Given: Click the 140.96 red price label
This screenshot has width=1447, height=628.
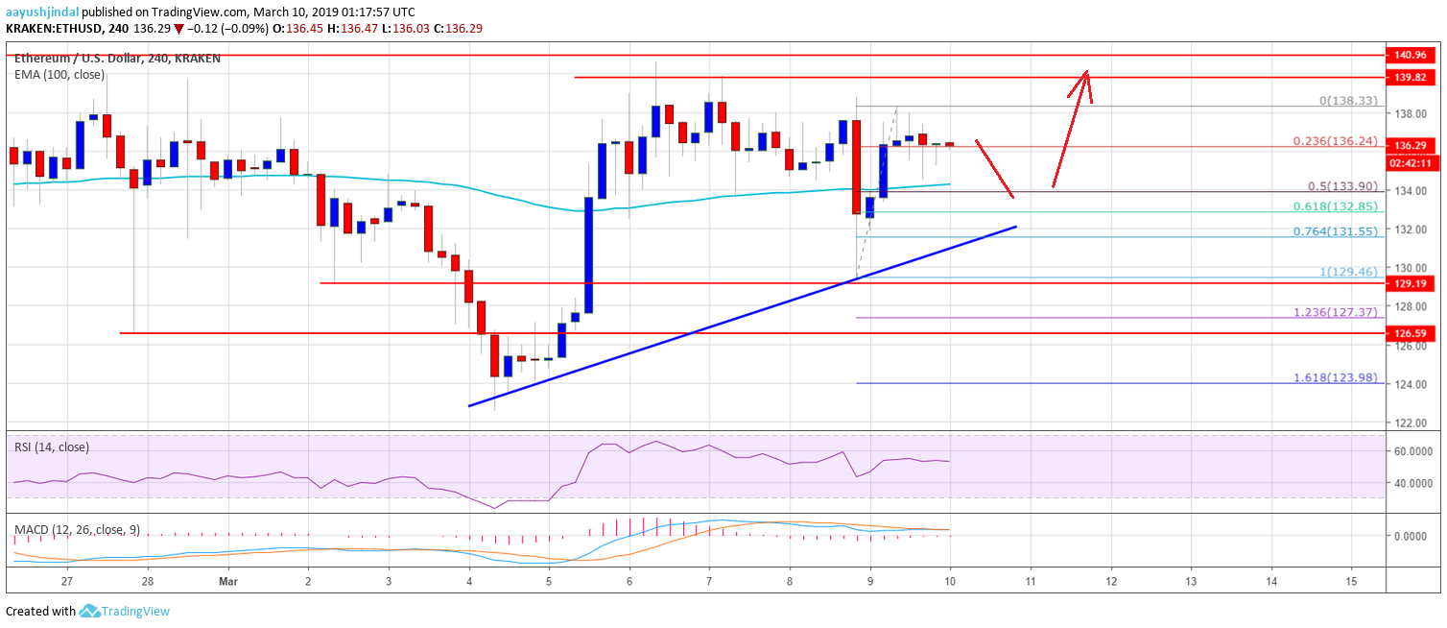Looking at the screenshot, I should [x=1414, y=56].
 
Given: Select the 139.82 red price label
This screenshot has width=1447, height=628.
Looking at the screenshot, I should [x=1414, y=77].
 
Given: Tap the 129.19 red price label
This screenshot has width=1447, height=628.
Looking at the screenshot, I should [x=1414, y=284].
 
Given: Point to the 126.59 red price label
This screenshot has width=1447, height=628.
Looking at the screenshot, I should [x=1414, y=333].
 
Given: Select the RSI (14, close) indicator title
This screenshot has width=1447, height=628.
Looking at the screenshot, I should [x=52, y=447].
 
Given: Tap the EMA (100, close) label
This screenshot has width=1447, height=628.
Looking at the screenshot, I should [x=59, y=74].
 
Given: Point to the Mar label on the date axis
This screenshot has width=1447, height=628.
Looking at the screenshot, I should [x=228, y=582].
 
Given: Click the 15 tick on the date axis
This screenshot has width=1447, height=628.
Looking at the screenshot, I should [x=1351, y=582].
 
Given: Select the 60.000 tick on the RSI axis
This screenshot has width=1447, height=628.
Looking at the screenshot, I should [x=1414, y=449].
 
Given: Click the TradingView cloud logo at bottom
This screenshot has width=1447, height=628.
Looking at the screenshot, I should [x=89, y=611].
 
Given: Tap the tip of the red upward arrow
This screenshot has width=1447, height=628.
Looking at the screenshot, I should [x=1086, y=70].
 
